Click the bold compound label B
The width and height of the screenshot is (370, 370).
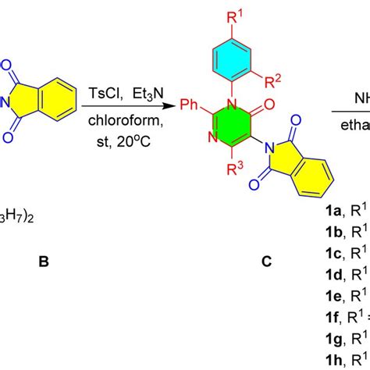[44, 262]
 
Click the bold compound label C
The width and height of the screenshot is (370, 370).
[266, 262]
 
